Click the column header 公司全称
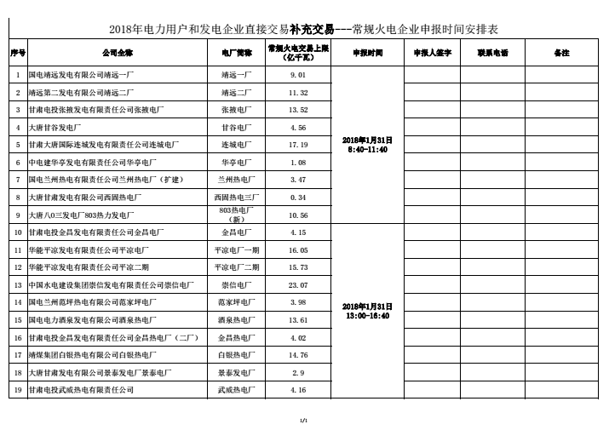coord(118,53)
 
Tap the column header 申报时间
coord(367,53)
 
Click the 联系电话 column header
coord(493,53)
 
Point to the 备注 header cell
coord(561,53)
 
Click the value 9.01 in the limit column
coord(298,74)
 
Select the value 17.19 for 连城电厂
coord(298,145)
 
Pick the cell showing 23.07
coord(298,284)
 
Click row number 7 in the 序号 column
coord(18,180)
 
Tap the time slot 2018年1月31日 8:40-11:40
coord(367,144)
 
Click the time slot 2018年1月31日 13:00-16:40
coord(367,310)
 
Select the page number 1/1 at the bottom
coord(303,420)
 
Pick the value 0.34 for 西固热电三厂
coord(298,197)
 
